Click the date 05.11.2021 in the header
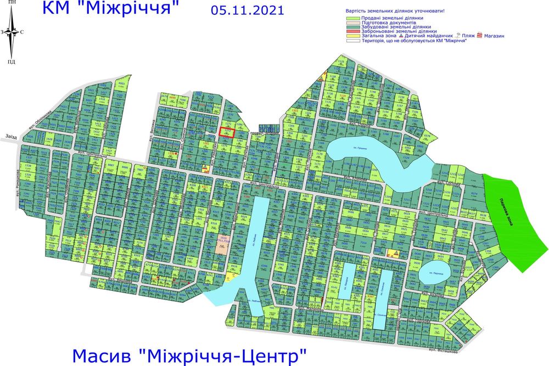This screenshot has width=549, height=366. [247, 10]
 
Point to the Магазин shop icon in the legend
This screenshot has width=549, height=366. [479, 36]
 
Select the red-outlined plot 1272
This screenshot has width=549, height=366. [227, 132]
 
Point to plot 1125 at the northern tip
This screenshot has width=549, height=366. [341, 62]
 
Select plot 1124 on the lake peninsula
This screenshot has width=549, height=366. [407, 157]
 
